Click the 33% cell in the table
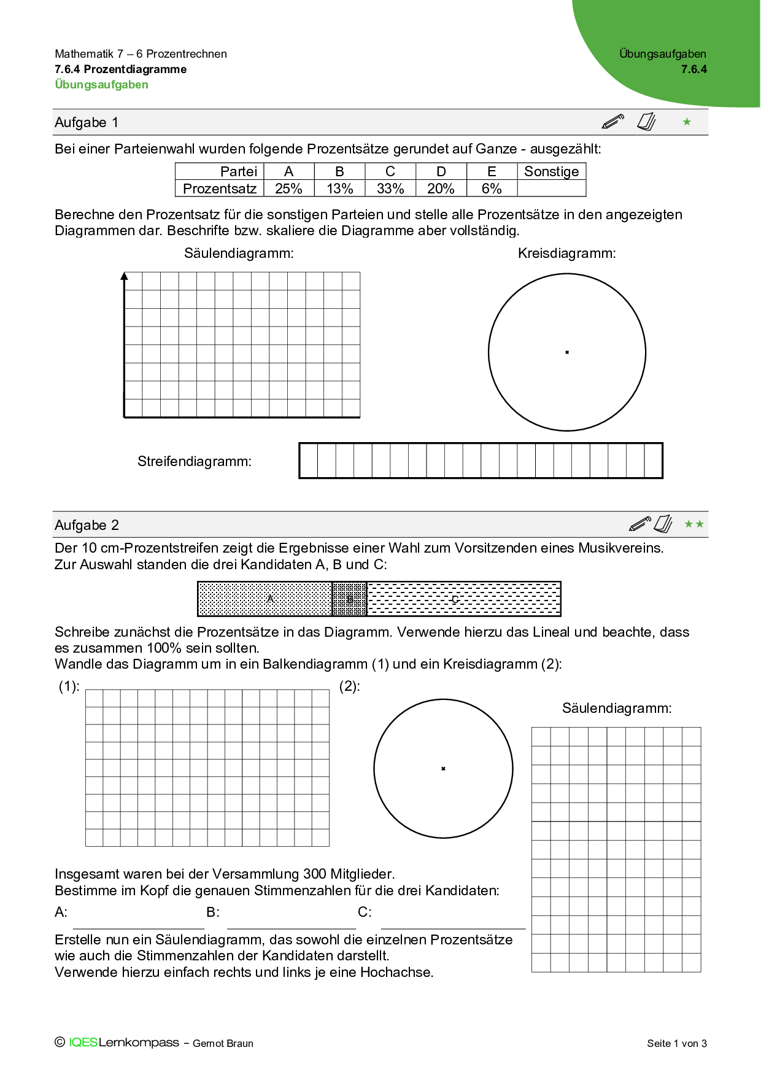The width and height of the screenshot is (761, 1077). coord(390,189)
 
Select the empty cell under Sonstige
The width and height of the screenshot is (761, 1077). coord(551,189)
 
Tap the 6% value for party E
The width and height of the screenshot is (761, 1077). coord(492,189)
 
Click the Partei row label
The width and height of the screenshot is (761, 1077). coord(238,171)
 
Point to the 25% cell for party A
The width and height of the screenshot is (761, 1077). coord(288,189)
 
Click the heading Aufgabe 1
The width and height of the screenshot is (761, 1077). coord(87,122)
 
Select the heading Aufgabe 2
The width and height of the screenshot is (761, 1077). coord(87,525)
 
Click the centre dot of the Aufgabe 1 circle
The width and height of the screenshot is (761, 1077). coord(567,352)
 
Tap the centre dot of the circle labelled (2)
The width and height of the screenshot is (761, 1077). coord(443,769)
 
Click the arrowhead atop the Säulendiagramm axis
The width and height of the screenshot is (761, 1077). coord(125,276)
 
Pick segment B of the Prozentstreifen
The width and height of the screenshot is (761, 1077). coord(349,599)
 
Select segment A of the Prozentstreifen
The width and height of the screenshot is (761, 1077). coord(265,599)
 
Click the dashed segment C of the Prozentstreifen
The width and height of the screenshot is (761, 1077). coord(464,599)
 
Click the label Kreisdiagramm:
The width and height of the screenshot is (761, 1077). coord(566,253)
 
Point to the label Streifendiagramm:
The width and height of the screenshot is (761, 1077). coord(194,461)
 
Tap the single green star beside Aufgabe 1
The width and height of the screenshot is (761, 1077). coord(687,122)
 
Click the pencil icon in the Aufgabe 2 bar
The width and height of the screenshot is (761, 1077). coord(639,524)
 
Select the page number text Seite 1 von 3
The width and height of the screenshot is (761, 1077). coord(676,1043)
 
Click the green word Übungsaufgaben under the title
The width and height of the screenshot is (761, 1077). coord(101,85)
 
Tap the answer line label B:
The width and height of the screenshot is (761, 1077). coord(212,912)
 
